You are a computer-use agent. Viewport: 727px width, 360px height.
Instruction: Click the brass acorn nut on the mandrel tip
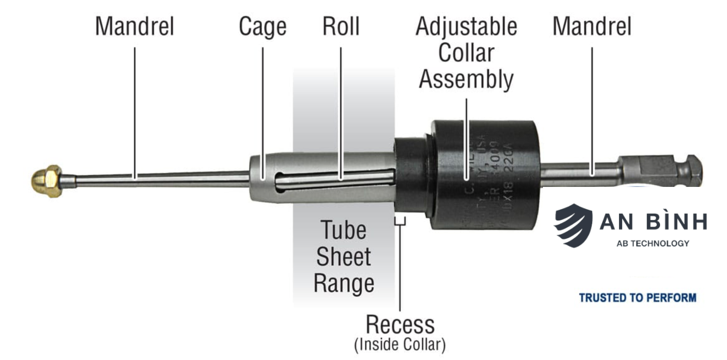tap(46, 181)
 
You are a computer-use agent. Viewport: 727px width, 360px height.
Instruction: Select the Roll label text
tap(341, 26)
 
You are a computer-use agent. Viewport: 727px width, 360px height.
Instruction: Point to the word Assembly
tap(466, 80)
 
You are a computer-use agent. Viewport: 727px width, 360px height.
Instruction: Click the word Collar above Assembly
tap(466, 53)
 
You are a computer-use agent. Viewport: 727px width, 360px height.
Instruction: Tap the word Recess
tap(400, 325)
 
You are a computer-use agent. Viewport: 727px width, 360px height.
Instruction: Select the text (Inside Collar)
tap(400, 345)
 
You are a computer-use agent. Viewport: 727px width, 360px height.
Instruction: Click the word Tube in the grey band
tap(343, 230)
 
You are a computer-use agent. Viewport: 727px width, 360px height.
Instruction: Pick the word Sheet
tap(343, 257)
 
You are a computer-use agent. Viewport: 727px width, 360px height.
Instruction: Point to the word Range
tap(344, 283)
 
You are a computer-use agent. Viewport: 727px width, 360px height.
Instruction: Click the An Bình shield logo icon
tap(573, 225)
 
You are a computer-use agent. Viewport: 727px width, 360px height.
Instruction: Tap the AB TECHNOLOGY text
tap(653, 244)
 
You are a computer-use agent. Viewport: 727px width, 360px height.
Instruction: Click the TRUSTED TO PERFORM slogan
tap(638, 298)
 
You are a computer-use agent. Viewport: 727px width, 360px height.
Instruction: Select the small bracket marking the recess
tap(400, 222)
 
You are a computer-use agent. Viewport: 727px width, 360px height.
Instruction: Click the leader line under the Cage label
tap(263, 113)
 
